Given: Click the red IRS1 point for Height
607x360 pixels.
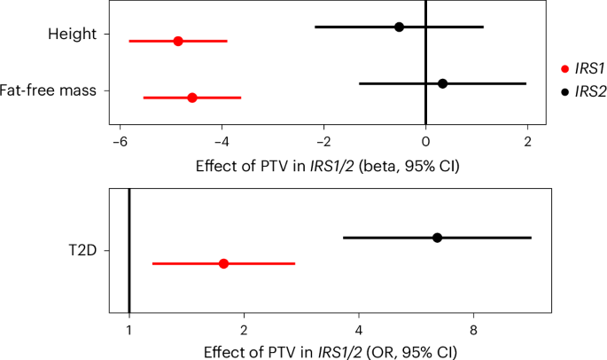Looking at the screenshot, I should [178, 41].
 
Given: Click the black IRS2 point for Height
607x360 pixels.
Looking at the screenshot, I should [399, 27].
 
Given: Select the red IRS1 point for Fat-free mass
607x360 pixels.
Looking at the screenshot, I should [192, 98].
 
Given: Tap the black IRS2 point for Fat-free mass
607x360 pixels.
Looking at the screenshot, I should [442, 83].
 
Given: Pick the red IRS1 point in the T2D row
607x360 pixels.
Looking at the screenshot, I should [223, 263].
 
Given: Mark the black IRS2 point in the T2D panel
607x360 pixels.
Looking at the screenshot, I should [437, 238].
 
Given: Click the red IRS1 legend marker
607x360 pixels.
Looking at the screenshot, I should [564, 68].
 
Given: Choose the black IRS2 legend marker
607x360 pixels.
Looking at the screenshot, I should [564, 90].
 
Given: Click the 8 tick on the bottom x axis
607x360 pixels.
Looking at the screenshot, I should [473, 329].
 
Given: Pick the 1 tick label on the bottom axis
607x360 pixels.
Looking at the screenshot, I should [129, 329].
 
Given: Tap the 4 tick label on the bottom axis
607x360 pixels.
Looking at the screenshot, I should [359, 329].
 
